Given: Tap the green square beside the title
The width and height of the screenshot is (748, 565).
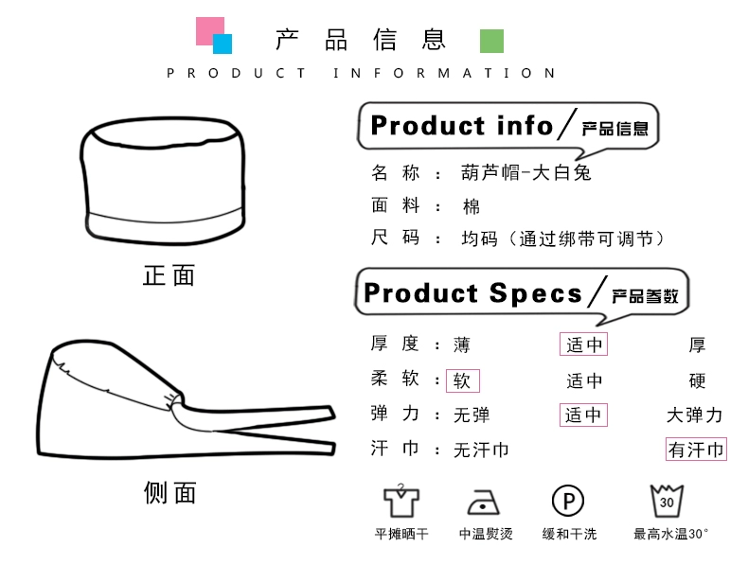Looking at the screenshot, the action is (x=491, y=41).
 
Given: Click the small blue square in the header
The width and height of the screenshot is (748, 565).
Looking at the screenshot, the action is (x=223, y=44).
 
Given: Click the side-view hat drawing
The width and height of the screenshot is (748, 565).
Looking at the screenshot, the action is (x=180, y=402).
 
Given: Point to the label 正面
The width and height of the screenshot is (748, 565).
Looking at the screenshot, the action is (x=169, y=275).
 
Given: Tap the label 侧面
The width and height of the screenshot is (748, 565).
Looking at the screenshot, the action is (x=169, y=492).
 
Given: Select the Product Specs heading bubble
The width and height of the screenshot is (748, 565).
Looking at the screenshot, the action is (x=522, y=293).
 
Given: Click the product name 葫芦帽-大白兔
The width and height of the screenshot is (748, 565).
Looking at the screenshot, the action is (x=525, y=173).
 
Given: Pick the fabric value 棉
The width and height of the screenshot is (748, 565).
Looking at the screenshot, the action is (x=471, y=206).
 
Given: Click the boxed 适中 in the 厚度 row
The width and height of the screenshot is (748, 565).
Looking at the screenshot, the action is (x=584, y=344).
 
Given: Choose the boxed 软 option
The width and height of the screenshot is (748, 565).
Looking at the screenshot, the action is (x=463, y=380).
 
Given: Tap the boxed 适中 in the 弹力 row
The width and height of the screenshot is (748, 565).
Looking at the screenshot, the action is (x=584, y=415).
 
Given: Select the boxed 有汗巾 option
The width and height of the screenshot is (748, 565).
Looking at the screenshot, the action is (x=696, y=450).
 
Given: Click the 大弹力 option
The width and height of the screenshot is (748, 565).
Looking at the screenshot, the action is (x=695, y=415).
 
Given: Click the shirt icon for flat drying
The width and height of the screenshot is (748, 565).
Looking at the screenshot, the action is (x=401, y=500).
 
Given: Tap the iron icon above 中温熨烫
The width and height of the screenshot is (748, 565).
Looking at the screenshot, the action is (x=485, y=501).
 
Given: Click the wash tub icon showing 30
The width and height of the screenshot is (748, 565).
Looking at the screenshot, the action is (x=668, y=500).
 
